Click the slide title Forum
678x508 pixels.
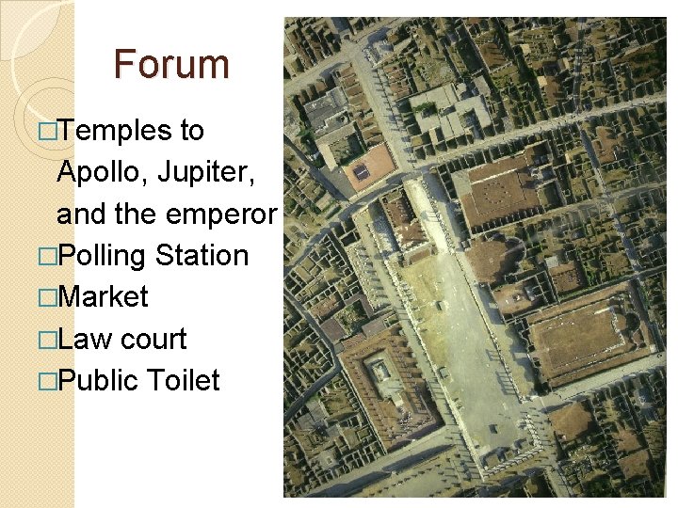171,64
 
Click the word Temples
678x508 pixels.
114,131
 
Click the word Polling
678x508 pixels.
101,256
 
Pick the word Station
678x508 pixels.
202,256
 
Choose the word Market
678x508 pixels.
103,297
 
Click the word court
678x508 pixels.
153,339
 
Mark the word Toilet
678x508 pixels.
184,380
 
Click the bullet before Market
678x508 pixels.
47,298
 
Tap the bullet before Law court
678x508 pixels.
47,340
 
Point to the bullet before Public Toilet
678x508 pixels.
47,381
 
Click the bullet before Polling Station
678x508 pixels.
47,257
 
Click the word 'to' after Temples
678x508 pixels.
191,131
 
